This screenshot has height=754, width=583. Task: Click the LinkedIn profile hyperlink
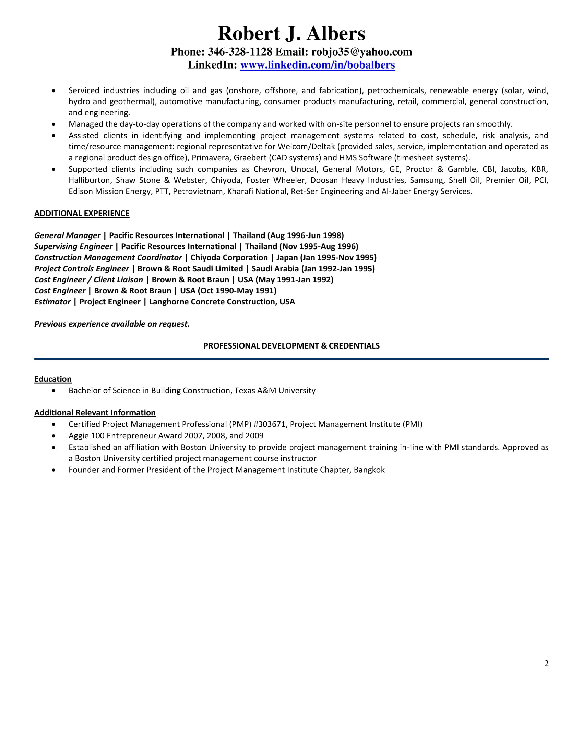pyautogui.click(x=318, y=65)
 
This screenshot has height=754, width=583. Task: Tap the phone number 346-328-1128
pyautogui.click(x=240, y=52)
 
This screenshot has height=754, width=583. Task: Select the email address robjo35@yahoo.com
pyautogui.click(x=361, y=52)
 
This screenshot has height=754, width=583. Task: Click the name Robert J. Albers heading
pyautogui.click(x=291, y=34)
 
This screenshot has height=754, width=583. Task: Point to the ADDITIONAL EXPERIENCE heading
pyautogui.click(x=82, y=214)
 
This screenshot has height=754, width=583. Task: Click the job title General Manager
pyautogui.click(x=67, y=235)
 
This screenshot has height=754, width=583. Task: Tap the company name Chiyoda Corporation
pyautogui.click(x=229, y=257)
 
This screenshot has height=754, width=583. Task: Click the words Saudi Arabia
pyautogui.click(x=275, y=269)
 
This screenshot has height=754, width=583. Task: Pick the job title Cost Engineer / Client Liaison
pyautogui.click(x=88, y=280)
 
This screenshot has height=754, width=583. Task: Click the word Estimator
pyautogui.click(x=52, y=302)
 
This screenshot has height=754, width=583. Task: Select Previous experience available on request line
pyautogui.click(x=112, y=324)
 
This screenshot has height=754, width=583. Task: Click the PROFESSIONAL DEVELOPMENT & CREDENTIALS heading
pyautogui.click(x=291, y=346)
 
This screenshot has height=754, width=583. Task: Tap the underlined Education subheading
pyautogui.click(x=53, y=379)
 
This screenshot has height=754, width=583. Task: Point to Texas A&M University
pyautogui.click(x=275, y=390)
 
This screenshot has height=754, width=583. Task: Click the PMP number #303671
pyautogui.click(x=270, y=424)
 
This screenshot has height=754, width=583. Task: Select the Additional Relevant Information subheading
pyautogui.click(x=95, y=413)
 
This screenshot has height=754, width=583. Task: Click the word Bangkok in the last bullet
pyautogui.click(x=369, y=470)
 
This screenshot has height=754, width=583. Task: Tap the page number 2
pyautogui.click(x=546, y=663)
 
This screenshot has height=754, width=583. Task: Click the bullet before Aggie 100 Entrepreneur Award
pyautogui.click(x=53, y=436)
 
